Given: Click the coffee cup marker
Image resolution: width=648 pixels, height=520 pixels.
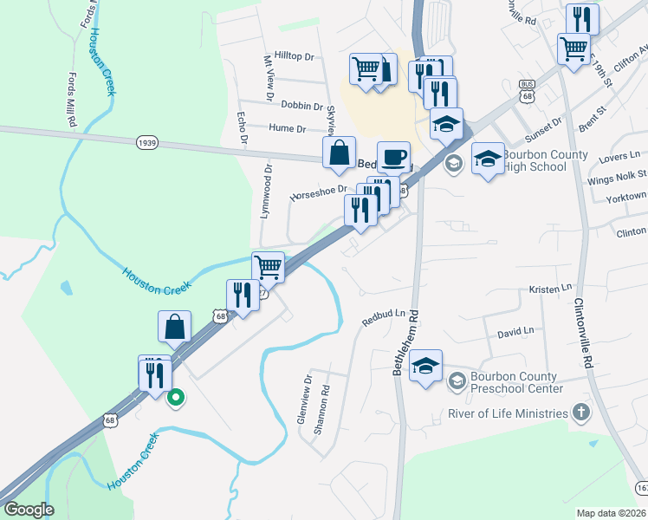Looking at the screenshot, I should (x=393, y=157).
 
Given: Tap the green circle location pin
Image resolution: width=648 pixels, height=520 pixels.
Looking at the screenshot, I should (x=175, y=399).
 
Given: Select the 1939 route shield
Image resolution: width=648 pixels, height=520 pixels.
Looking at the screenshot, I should (x=146, y=141).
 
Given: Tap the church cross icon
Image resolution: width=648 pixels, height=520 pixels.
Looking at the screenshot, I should (x=580, y=413).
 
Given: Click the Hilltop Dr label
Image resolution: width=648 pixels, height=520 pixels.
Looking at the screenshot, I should (x=294, y=55).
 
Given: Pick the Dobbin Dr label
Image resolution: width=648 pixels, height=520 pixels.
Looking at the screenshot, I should (x=302, y=104).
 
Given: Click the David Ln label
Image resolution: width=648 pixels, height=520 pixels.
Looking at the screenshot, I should (x=515, y=331).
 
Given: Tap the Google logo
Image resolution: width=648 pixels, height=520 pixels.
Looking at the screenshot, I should (x=29, y=510).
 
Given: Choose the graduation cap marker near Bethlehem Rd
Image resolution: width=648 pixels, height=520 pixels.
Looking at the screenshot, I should (x=425, y=366).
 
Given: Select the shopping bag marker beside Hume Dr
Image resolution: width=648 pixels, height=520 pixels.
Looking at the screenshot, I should (x=339, y=153).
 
